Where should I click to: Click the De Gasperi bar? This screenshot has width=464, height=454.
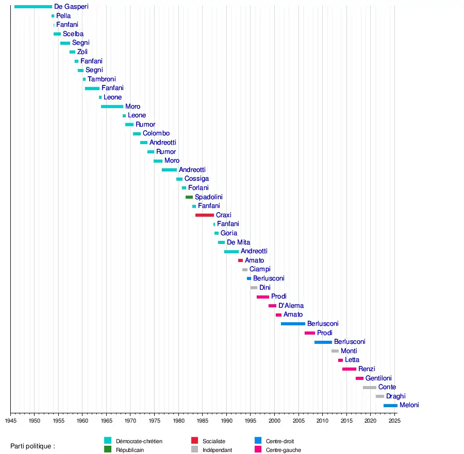33,7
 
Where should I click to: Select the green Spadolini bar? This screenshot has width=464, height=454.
189,197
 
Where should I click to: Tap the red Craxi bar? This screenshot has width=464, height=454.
205,215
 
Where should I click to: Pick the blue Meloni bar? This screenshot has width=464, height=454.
390,406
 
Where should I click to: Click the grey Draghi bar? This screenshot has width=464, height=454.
380,396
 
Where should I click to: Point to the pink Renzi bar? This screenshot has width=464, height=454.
349,369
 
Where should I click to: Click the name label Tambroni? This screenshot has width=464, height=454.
102,79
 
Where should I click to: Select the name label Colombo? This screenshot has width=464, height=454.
156,134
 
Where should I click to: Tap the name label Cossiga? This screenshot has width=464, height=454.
196,179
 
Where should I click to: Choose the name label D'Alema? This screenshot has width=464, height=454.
291,306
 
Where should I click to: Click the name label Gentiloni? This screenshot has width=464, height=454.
378,378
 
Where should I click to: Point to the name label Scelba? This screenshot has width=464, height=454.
73,34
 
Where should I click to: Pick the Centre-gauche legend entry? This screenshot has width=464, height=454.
283,450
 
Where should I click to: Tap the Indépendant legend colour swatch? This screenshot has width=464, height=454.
195,449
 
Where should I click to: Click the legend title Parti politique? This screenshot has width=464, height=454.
32,446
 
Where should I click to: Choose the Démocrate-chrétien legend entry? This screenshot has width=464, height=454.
139,441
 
